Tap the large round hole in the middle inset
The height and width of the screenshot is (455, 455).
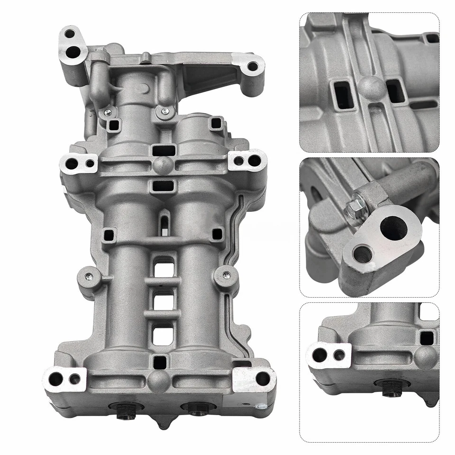(x=393, y=228)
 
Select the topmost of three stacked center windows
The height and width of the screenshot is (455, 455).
(x=164, y=269)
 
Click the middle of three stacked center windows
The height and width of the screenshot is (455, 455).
(x=164, y=300)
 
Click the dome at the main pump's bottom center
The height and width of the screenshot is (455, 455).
(x=158, y=379)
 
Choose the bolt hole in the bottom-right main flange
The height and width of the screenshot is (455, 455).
(x=262, y=378)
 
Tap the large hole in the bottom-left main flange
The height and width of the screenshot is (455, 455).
(x=56, y=379)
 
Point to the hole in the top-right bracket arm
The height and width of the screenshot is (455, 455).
(x=253, y=66)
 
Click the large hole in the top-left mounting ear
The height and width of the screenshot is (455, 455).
(x=73, y=52)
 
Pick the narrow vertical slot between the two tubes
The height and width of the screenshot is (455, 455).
(x=164, y=224)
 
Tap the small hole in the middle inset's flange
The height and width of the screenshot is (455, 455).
(x=363, y=255)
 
